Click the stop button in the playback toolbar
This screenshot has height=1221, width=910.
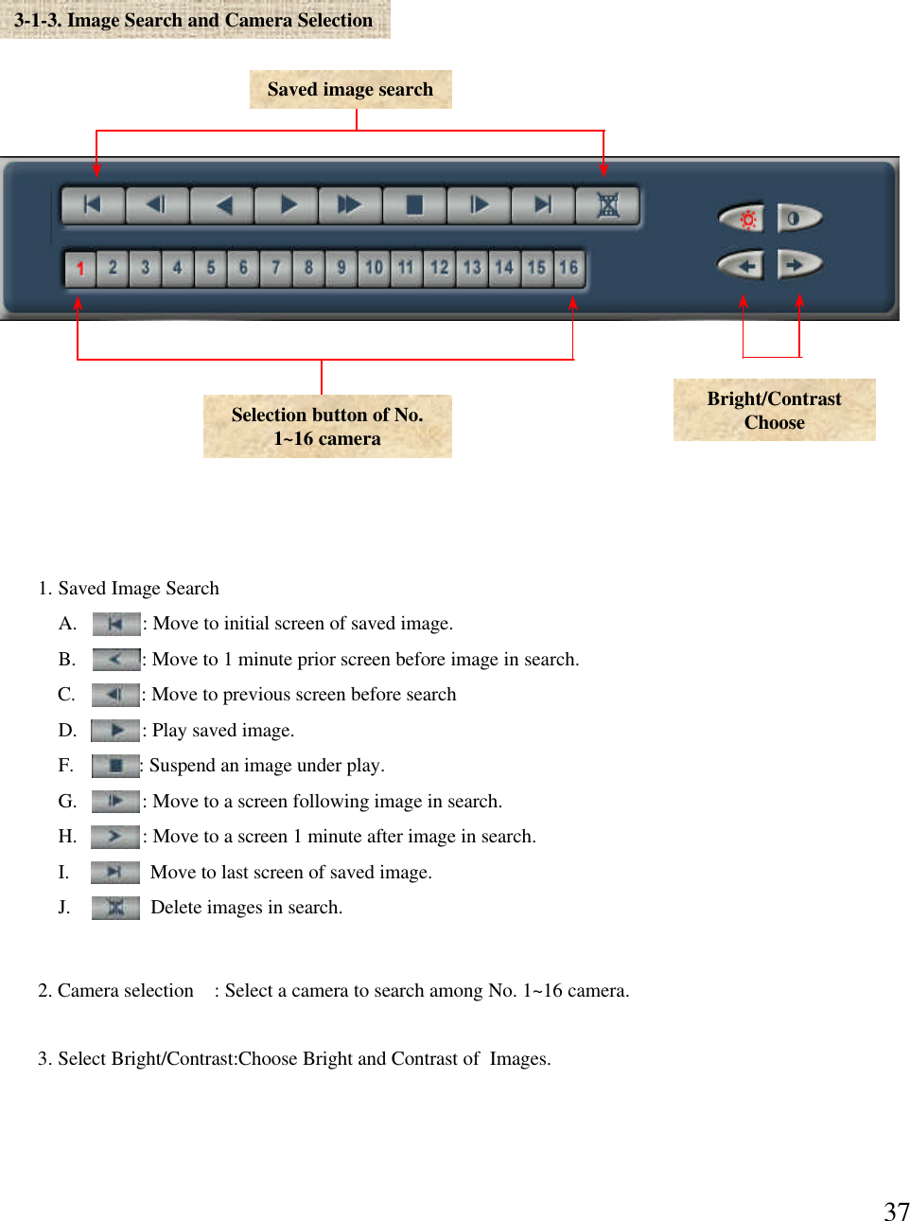(414, 205)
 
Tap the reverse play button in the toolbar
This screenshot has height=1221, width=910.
(222, 205)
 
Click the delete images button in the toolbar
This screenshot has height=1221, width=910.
(607, 205)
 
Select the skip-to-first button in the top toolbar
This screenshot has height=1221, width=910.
(93, 205)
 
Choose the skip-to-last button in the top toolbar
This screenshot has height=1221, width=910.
(543, 205)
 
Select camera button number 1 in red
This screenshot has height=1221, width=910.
(80, 268)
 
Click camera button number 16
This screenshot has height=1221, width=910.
(568, 268)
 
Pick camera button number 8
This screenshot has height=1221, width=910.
(308, 268)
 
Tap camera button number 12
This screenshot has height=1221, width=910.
(439, 268)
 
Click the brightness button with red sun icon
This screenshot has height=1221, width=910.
(744, 219)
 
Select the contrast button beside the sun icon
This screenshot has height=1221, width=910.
(797, 219)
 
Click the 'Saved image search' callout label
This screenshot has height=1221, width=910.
(350, 90)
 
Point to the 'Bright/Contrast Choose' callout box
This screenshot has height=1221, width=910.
(774, 410)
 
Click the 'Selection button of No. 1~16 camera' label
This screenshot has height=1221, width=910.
(327, 426)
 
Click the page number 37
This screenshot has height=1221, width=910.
(896, 1211)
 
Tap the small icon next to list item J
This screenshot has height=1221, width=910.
(115, 908)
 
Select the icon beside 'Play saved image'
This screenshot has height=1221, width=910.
(115, 731)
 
